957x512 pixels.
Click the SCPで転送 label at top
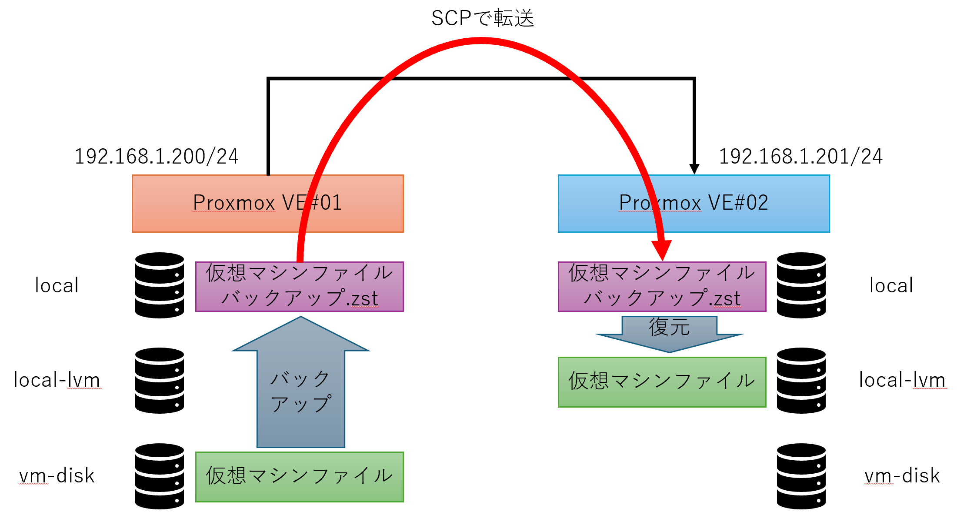(x=482, y=18)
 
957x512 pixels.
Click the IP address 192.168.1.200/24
(x=157, y=157)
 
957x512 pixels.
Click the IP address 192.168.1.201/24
(x=800, y=157)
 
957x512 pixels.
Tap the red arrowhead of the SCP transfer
(x=662, y=250)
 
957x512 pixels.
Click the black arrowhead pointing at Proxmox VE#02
(x=694, y=169)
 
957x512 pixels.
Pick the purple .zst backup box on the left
(x=299, y=286)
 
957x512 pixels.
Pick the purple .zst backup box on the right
(x=662, y=286)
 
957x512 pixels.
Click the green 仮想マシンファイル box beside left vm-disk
(x=299, y=477)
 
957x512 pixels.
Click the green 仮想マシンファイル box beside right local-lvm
(x=662, y=382)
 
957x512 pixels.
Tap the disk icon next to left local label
(x=160, y=285)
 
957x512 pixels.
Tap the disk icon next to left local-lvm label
(x=160, y=380)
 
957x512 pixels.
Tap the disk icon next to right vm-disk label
(x=801, y=476)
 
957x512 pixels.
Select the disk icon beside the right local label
(x=801, y=285)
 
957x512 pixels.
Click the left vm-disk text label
(x=57, y=476)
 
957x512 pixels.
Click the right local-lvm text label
(x=902, y=380)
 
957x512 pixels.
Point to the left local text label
(x=57, y=286)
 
